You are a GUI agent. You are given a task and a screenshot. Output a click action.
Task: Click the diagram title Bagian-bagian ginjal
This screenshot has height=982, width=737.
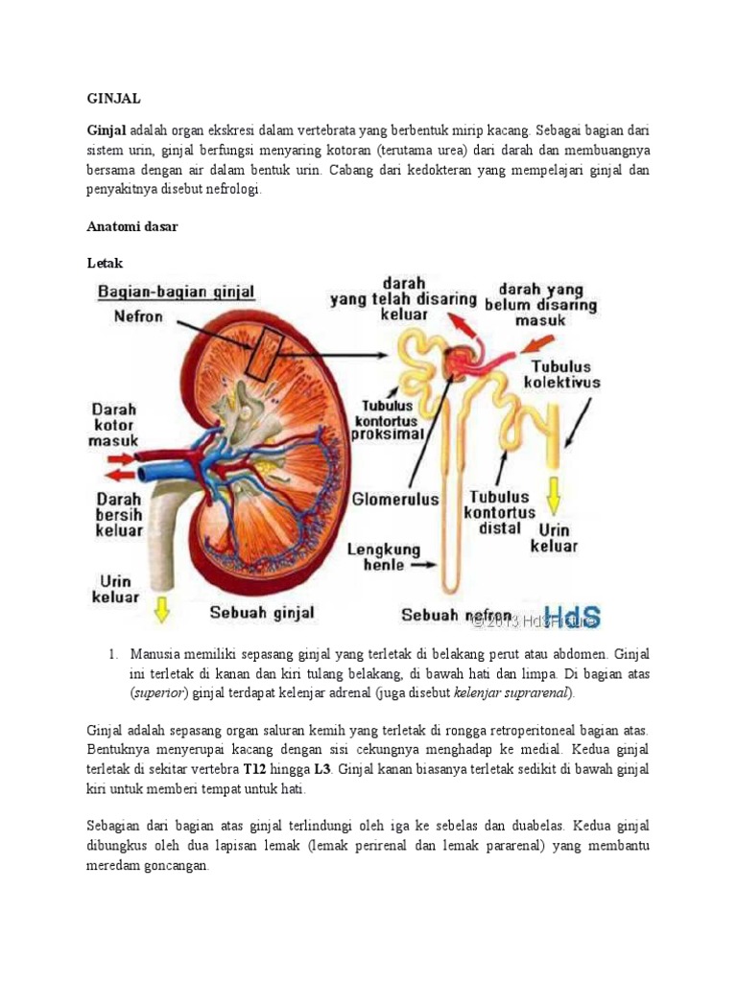pos(186,292)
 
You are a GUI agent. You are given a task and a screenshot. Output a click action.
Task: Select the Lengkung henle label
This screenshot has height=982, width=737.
pos(383,558)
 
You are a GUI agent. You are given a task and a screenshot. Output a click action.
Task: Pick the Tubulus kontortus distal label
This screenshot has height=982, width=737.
pos(498,512)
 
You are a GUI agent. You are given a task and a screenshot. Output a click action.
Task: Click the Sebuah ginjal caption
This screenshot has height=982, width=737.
pos(261,611)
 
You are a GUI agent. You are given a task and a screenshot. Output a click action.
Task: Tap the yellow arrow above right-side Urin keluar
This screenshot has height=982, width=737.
pos(554,493)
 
